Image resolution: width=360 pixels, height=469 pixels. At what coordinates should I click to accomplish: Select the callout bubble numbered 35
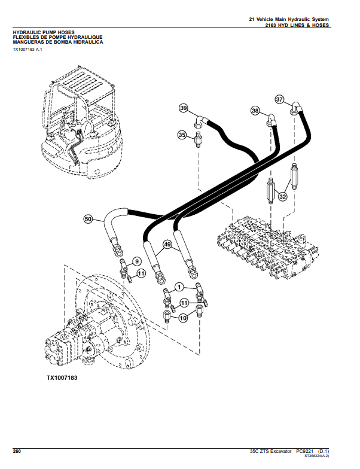tap(182, 136)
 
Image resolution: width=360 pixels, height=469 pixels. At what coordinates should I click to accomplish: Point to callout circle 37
tap(279, 99)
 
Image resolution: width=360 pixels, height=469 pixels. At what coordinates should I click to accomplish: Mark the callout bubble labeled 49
tap(167, 244)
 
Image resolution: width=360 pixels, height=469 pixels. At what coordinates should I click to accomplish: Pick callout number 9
tap(136, 261)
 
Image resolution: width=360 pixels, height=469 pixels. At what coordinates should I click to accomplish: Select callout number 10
tap(184, 319)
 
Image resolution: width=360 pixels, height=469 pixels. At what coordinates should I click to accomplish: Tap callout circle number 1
tap(178, 287)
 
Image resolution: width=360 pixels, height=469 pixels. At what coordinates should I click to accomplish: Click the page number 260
tap(17, 450)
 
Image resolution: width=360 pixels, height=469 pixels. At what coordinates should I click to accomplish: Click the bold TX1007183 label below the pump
tap(62, 379)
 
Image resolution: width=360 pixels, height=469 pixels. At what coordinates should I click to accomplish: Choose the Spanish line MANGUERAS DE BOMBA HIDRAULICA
tap(57, 42)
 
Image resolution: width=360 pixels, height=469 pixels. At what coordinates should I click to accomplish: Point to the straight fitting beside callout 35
tap(198, 141)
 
